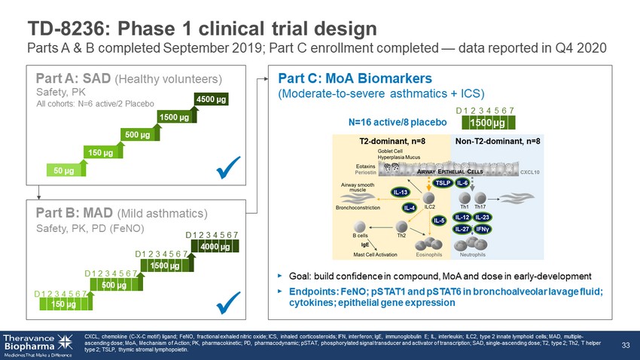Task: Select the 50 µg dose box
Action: click(64, 170)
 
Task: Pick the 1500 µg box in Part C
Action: click(486, 122)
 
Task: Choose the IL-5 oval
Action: click(439, 221)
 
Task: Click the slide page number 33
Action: click(624, 345)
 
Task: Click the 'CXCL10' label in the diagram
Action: click(532, 172)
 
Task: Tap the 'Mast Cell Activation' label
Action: click(376, 255)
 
